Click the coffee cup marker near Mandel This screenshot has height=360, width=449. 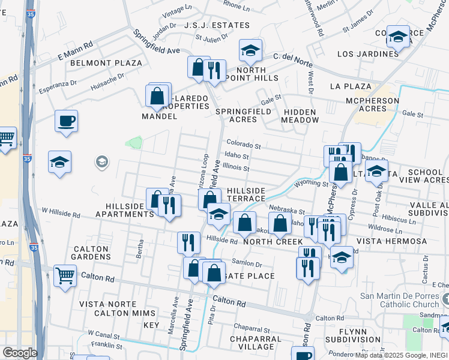pyautogui.click(x=66, y=121)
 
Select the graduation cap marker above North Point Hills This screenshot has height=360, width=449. pyautogui.click(x=251, y=50)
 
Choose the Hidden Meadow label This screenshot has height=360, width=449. pyautogui.click(x=301, y=116)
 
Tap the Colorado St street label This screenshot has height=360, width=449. pyautogui.click(x=244, y=145)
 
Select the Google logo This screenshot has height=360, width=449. pyautogui.click(x=20, y=353)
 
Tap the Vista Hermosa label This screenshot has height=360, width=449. pyautogui.click(x=391, y=241)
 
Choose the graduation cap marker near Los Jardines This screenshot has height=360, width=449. pyautogui.click(x=398, y=37)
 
